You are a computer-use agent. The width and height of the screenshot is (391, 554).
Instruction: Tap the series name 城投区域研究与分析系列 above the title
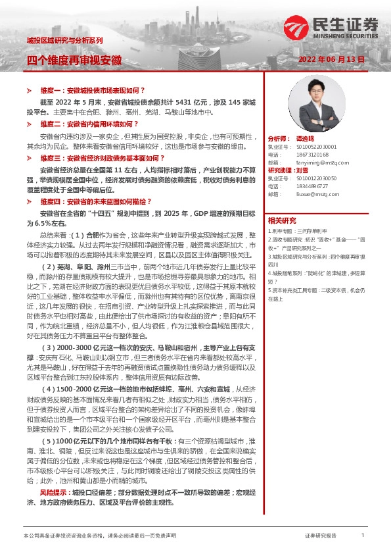tap(64, 40)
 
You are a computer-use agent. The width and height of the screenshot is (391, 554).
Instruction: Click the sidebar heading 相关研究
tap(283, 220)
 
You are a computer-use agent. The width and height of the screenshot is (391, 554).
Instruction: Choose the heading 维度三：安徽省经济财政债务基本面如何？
tap(103, 159)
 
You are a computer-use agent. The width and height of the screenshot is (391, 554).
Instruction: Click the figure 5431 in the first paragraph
tap(187, 102)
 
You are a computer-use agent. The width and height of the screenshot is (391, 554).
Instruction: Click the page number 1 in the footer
tap(362, 536)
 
